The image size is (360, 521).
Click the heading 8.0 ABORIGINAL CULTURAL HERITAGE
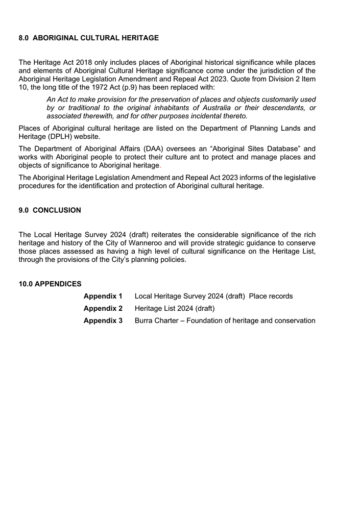coord(88,38)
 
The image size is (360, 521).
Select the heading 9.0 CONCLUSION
coord(50,210)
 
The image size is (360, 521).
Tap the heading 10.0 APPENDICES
coord(50,284)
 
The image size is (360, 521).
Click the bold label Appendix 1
coord(103,296)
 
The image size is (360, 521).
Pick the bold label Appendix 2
coord(103,308)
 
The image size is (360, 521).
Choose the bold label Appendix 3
coord(103,320)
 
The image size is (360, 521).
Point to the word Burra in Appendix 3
coord(145,320)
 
